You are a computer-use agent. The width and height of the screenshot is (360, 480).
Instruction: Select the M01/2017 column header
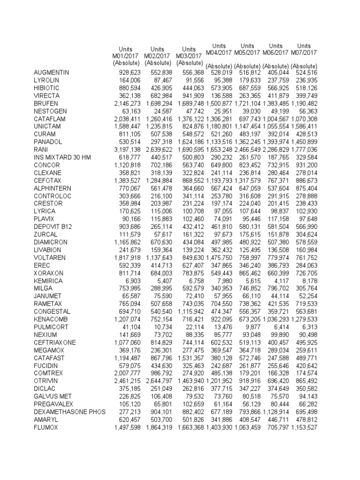click(126, 56)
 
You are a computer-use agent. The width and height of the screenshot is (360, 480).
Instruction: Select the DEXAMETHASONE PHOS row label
click(67, 412)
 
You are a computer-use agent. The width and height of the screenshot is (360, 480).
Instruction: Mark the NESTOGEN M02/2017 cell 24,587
click(162, 112)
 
